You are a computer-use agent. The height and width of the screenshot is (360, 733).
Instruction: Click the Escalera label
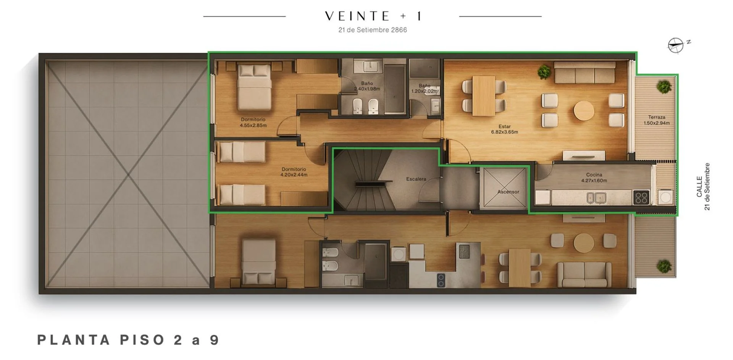[x=416, y=179]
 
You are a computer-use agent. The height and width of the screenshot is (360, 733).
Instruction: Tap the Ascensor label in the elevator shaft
[x=508, y=192]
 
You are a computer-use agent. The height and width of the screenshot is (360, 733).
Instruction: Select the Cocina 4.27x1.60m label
[x=594, y=178]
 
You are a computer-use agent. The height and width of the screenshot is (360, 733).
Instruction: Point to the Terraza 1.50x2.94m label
[x=657, y=120]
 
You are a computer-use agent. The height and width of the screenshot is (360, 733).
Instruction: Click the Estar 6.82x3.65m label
[x=504, y=129]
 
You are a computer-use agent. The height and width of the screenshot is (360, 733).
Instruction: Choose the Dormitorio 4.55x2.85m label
[x=253, y=122]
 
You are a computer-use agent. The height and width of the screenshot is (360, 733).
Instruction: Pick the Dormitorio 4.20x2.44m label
[x=294, y=172]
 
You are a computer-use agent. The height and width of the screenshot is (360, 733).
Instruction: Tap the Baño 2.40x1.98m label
[x=367, y=86]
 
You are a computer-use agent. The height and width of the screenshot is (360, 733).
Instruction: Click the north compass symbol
[x=676, y=45]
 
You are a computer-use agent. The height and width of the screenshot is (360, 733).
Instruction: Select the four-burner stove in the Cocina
[x=641, y=198]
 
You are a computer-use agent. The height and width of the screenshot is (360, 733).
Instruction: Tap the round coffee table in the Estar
[x=584, y=111]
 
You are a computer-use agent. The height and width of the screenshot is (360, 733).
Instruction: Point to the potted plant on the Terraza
[x=664, y=87]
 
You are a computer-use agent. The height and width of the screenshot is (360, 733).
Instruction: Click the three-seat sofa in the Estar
[x=584, y=73]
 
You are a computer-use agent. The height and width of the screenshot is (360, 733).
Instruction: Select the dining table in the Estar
[x=484, y=95]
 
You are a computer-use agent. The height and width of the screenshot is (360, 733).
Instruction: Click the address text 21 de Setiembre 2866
[x=373, y=30]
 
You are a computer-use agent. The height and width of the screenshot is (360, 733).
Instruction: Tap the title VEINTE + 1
[x=373, y=16]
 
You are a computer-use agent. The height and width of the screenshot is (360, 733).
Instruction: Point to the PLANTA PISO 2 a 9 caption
[x=128, y=340]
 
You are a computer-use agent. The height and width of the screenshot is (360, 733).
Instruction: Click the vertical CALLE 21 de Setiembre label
[x=703, y=187]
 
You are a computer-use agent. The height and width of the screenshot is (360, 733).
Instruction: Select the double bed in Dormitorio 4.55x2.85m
[x=255, y=87]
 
